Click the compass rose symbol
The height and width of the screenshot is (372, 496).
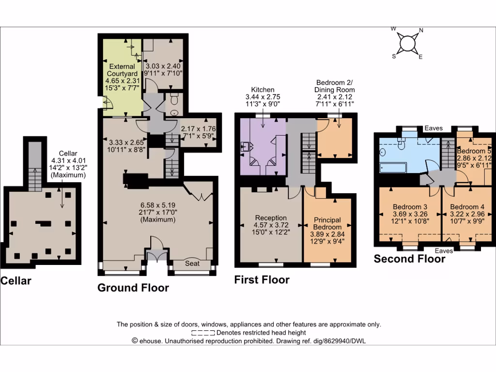pos(407,43)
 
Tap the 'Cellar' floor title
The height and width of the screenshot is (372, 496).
pos(16,280)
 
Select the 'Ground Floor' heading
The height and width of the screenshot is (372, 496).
pos(133,288)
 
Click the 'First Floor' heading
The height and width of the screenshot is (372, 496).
pos(262,279)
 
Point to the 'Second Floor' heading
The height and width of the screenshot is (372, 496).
pos(409,259)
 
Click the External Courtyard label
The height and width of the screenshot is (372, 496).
pos(122,70)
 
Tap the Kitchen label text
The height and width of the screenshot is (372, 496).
pos(263,90)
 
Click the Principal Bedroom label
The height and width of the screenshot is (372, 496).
pos(328,223)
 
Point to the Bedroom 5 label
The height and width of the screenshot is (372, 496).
pos(474,151)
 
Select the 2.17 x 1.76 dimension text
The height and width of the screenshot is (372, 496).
pos(198,129)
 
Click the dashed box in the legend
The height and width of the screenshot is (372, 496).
pos(202,333)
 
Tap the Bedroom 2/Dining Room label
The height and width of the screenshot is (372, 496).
pos(334,86)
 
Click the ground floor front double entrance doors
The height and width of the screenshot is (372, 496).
pos(156,255)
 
